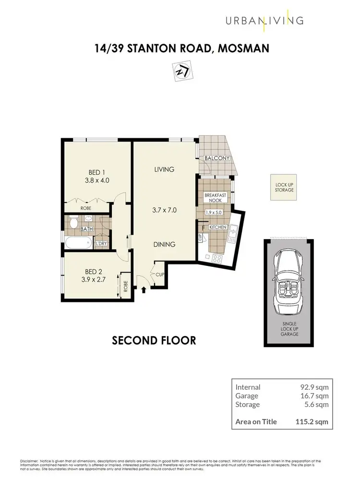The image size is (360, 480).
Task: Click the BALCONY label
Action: (216, 158)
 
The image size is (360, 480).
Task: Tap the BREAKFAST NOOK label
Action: (215, 198)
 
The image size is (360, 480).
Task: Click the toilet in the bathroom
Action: (73, 223)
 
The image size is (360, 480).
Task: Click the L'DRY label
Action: (101, 244)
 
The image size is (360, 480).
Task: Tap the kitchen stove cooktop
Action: (217, 258)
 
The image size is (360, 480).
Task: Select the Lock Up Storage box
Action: (284, 187)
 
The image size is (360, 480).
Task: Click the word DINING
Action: (164, 244)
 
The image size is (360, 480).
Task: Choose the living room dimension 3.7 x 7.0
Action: (164, 209)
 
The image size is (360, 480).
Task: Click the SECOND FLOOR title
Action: (154, 340)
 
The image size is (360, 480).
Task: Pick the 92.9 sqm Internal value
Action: (313, 387)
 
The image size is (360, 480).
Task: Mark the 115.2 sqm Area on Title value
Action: (311, 422)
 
